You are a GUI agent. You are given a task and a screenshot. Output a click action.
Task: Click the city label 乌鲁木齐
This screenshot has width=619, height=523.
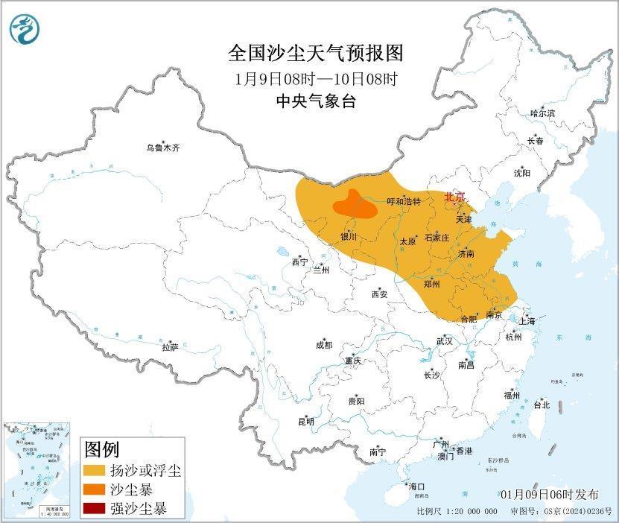[162, 148]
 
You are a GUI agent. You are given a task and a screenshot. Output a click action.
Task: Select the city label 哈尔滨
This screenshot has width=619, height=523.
[542, 113]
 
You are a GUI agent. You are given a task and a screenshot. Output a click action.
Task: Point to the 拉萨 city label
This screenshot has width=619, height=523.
[170, 347]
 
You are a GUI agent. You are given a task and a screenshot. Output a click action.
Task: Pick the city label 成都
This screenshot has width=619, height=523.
[324, 345]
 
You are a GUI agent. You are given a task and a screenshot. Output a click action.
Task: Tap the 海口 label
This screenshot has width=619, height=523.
[417, 486]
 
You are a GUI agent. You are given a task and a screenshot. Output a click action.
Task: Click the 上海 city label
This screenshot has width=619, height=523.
[527, 321]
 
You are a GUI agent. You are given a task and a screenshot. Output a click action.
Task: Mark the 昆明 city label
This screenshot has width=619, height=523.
[306, 422]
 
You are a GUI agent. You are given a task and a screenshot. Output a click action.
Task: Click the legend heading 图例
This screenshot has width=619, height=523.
[102, 449]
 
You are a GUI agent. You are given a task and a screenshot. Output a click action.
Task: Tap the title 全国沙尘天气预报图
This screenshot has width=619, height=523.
[316, 54]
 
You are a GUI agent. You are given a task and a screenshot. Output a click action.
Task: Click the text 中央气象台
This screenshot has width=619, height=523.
[316, 101]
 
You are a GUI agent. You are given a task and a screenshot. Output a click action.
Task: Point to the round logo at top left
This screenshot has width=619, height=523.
[25, 28]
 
